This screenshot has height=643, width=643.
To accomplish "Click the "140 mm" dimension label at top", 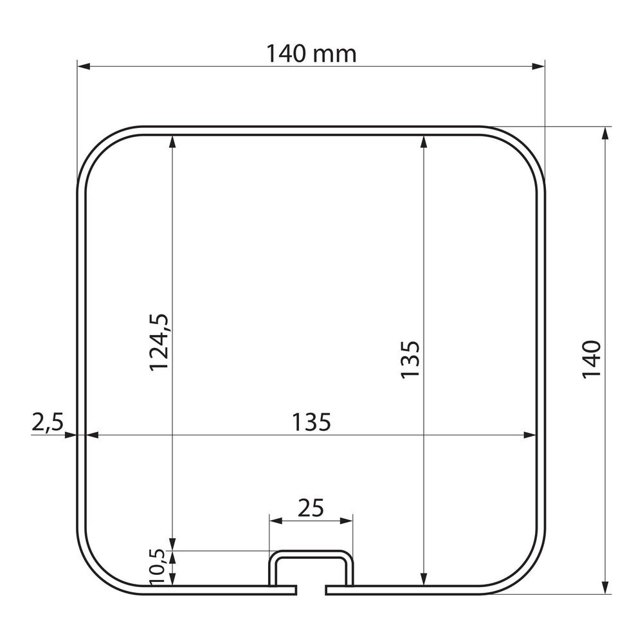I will click(x=311, y=54).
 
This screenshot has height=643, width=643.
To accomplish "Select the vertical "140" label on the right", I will click(x=591, y=359).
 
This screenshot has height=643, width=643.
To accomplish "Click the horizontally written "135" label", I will click(x=311, y=422).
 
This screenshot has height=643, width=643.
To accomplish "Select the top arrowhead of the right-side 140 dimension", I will click(x=604, y=132).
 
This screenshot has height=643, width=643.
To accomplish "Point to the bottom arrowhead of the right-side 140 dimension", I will click(x=604, y=588).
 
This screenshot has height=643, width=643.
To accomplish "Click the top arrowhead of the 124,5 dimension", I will click(x=172, y=141).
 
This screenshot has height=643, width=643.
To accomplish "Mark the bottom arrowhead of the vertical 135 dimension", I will click(x=423, y=580).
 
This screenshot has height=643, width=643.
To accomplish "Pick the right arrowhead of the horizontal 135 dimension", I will click(x=531, y=435).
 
